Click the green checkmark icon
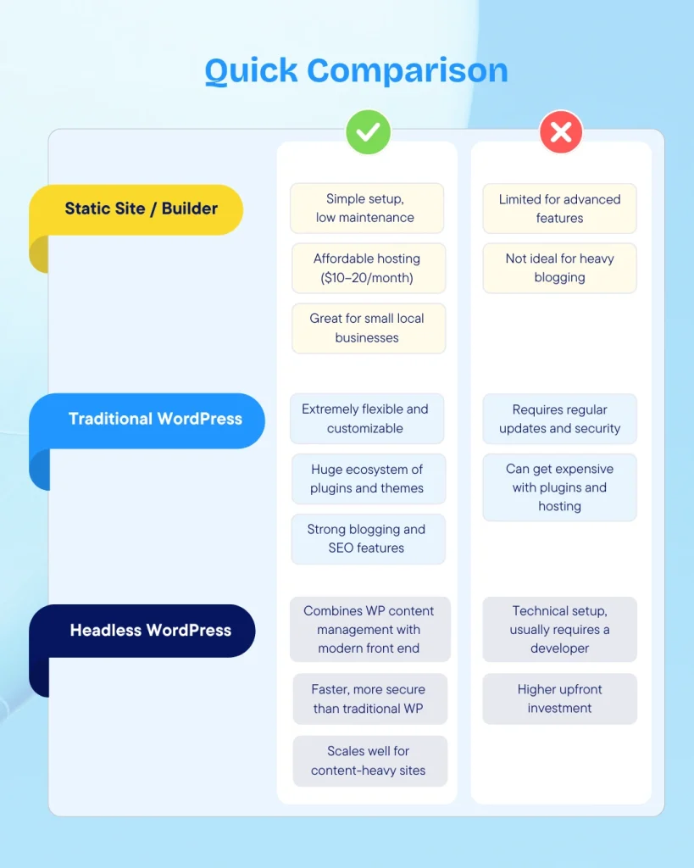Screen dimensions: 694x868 click(368, 131)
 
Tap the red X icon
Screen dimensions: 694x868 click(561, 131)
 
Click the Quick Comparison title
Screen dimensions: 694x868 click(357, 71)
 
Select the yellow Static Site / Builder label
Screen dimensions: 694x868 click(142, 209)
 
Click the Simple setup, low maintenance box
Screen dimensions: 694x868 click(366, 209)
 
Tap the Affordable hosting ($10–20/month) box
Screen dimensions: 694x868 click(368, 268)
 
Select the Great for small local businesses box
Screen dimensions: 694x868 click(368, 328)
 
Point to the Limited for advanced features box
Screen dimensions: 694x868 click(559, 209)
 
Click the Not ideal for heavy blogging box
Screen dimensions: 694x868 click(559, 268)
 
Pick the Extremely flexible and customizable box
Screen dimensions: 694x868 click(366, 419)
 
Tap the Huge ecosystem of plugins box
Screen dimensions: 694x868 click(368, 479)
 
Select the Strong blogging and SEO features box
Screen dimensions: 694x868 click(368, 538)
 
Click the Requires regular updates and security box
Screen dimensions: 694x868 click(559, 419)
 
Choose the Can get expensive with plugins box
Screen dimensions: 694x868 click(559, 487)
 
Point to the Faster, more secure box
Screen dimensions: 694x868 click(369, 698)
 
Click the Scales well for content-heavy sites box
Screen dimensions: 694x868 click(369, 760)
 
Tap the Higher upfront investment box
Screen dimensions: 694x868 click(559, 698)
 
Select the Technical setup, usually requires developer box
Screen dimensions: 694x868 click(559, 629)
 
